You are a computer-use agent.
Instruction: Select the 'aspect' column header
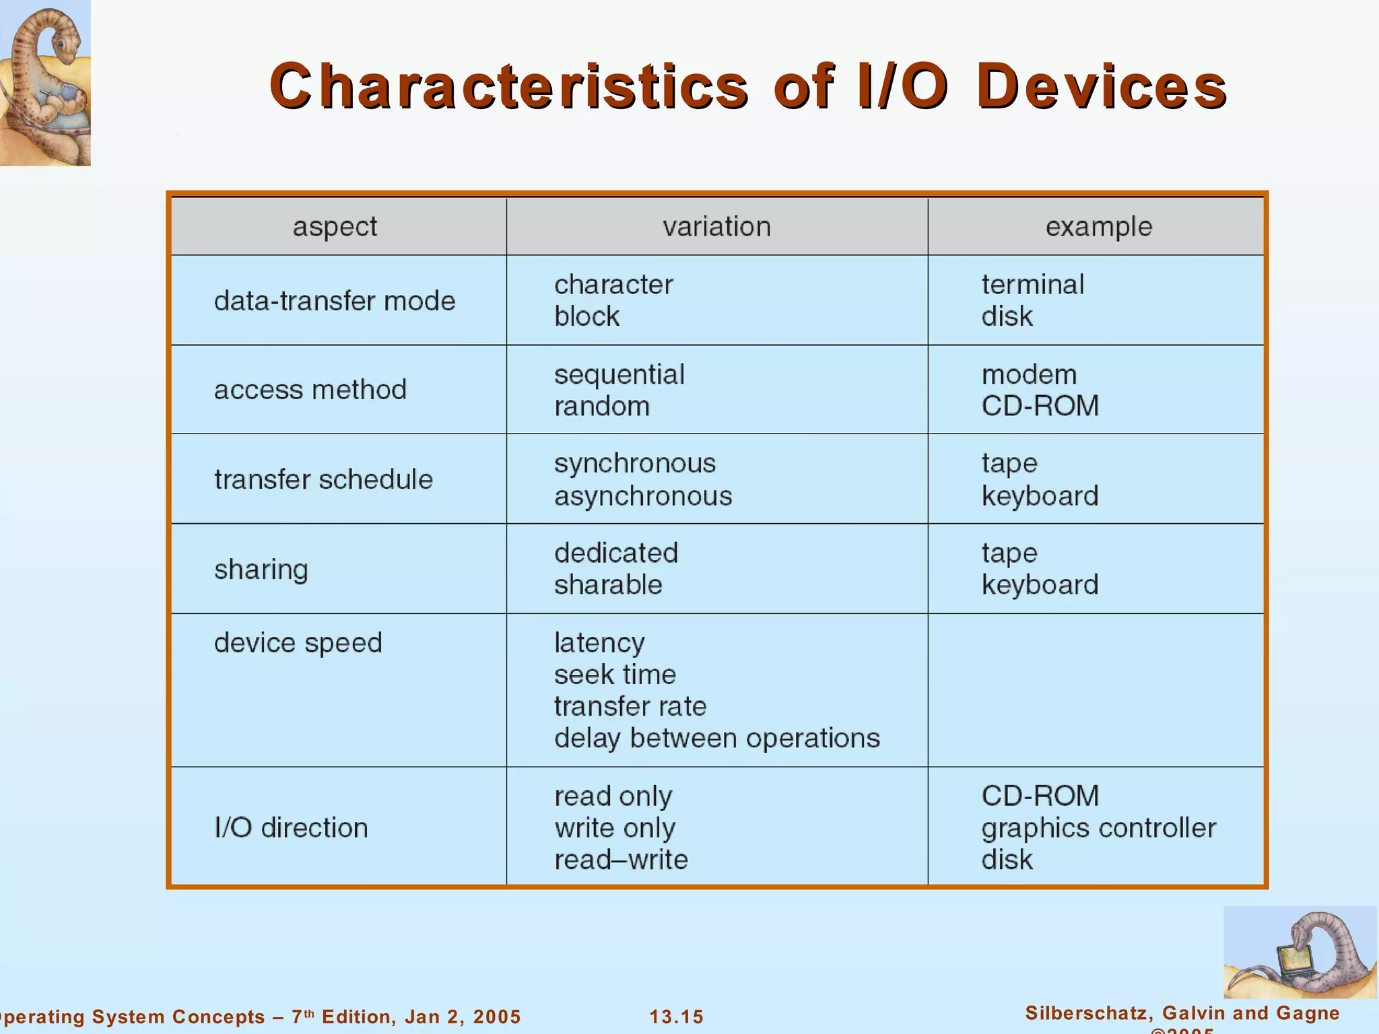[335, 227]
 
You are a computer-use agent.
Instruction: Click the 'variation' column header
[716, 227]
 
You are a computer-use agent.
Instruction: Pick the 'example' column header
[1098, 227]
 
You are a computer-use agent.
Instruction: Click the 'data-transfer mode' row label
[335, 301]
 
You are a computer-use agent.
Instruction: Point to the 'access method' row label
[310, 390]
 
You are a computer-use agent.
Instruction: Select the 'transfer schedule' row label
[323, 479]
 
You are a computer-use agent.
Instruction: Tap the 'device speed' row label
[298, 643]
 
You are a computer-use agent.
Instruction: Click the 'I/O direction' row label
[291, 827]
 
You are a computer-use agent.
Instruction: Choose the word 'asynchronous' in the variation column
[643, 496]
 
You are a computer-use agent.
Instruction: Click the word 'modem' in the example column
[1029, 374]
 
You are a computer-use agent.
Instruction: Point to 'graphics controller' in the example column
[1098, 828]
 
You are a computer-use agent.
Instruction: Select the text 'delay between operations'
[716, 738]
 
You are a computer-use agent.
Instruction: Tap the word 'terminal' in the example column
[1032, 285]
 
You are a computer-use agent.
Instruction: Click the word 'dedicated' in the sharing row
[616, 553]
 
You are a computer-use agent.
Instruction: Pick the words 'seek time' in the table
[615, 675]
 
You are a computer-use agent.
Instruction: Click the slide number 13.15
[676, 1016]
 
